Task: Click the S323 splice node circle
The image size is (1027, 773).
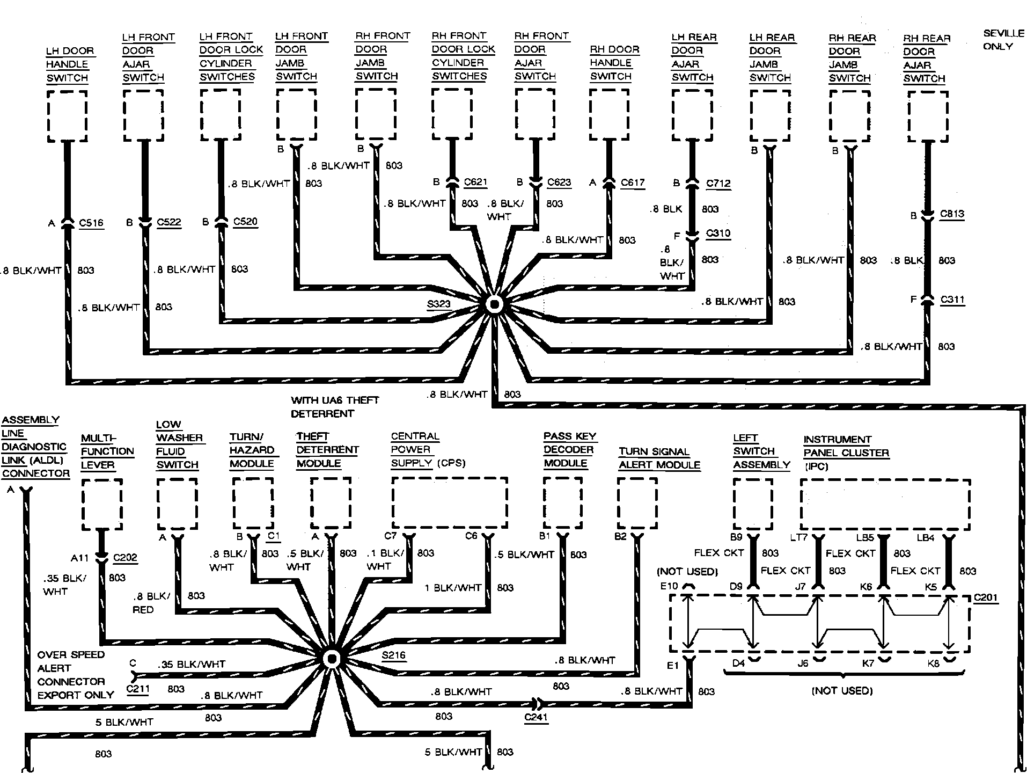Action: pyautogui.click(x=494, y=305)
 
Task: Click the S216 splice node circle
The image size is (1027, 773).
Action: pyautogui.click(x=332, y=659)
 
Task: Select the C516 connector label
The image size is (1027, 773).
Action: pyautogui.click(x=91, y=223)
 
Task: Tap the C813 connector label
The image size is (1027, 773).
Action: pyautogui.click(x=952, y=214)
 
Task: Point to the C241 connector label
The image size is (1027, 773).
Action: pyautogui.click(x=535, y=717)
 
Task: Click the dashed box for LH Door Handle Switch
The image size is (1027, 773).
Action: pyautogui.click(x=67, y=115)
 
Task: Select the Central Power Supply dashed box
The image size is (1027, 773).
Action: pyautogui.click(x=450, y=503)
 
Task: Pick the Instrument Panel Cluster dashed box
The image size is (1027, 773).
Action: pyautogui.click(x=885, y=505)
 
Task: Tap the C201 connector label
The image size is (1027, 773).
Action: pyautogui.click(x=986, y=597)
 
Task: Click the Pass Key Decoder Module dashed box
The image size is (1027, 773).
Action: pyautogui.click(x=563, y=503)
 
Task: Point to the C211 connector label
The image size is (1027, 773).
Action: pyautogui.click(x=137, y=689)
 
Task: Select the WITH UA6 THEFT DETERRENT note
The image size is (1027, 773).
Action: pyautogui.click(x=335, y=407)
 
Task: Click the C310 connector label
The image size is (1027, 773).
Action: pyautogui.click(x=718, y=233)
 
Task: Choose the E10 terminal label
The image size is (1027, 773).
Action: pyautogui.click(x=669, y=586)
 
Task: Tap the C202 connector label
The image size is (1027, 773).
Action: pyautogui.click(x=125, y=558)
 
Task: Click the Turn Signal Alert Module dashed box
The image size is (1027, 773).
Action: pyautogui.click(x=637, y=503)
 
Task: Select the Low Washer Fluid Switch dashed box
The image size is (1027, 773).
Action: pyautogui.click(x=177, y=504)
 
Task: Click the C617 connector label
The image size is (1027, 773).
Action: pyautogui.click(x=633, y=183)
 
